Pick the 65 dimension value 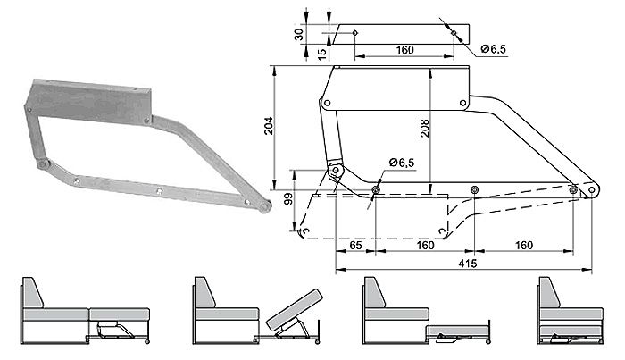tap(354, 244)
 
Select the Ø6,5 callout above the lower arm tap(404, 163)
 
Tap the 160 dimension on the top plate tap(404, 49)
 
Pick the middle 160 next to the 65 tap(425, 244)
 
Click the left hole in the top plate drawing tap(354, 33)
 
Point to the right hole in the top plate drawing tap(454, 34)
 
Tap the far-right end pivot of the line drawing tap(593, 190)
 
